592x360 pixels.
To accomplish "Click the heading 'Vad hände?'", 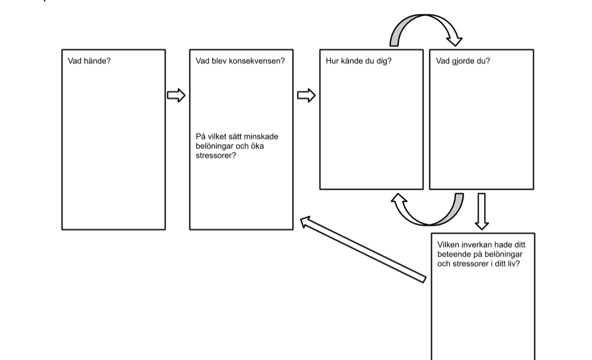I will coord(89,61).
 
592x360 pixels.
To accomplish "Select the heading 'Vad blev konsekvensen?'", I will coord(240,61).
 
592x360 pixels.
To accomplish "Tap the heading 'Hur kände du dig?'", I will coord(358,61).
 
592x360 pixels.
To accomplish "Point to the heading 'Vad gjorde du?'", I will coord(462,61).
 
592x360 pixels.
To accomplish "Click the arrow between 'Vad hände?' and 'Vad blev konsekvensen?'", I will coord(176,95).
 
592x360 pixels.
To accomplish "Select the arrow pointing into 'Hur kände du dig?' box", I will coord(306,95).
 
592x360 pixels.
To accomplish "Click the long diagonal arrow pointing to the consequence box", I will coord(363,249).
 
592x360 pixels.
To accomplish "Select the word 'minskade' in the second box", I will coord(263,137).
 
